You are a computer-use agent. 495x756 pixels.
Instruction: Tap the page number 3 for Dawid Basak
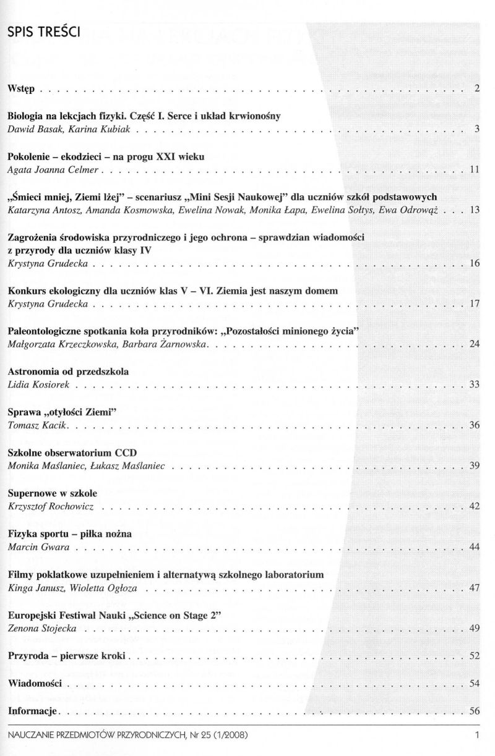[x=477, y=129]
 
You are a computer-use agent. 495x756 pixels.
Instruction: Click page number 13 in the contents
[x=475, y=210]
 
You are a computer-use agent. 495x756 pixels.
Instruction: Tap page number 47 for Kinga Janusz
[x=475, y=587]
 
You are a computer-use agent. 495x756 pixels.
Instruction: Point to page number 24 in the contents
[x=475, y=343]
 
